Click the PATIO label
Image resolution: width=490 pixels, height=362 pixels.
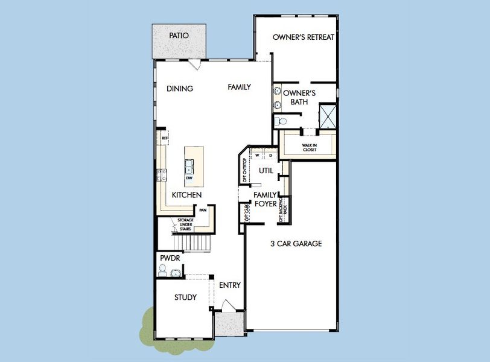(x=179, y=36)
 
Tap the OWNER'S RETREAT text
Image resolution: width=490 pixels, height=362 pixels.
(x=304, y=37)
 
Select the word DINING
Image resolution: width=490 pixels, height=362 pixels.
(x=179, y=89)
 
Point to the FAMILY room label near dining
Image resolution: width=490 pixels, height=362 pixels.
(x=239, y=87)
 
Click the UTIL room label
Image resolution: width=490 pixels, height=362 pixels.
(x=266, y=171)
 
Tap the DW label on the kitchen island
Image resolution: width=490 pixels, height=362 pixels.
(x=189, y=178)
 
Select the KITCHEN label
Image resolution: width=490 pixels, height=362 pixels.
(x=186, y=195)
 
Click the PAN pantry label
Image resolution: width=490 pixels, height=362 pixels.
(x=203, y=211)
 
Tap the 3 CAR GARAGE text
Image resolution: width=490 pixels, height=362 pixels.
(x=295, y=244)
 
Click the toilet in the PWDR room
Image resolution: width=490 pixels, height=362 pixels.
(x=162, y=270)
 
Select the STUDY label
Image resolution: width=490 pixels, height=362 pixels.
(x=185, y=297)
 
